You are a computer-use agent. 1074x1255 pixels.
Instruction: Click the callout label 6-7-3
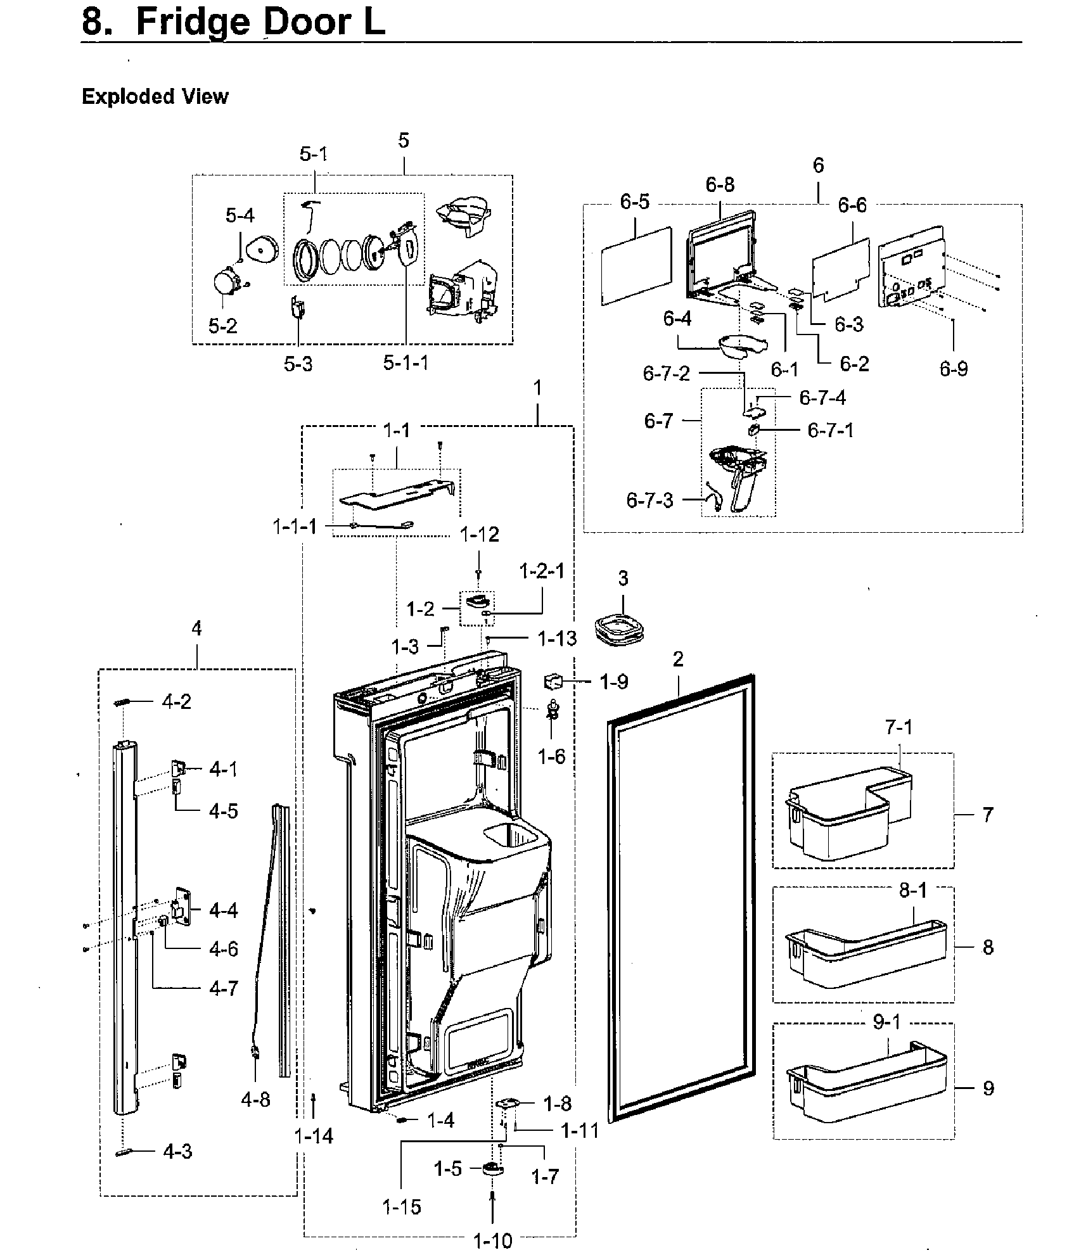[x=649, y=500]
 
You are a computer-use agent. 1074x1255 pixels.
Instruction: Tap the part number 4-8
[x=255, y=1099]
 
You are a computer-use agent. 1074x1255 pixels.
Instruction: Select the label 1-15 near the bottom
[x=402, y=1206]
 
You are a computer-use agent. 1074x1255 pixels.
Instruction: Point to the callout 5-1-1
[x=406, y=363]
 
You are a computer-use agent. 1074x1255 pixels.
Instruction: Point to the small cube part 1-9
[x=553, y=682]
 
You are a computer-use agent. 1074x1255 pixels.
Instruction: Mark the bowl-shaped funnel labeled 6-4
[x=741, y=346]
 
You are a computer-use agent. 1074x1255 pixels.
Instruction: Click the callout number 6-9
[x=954, y=369]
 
